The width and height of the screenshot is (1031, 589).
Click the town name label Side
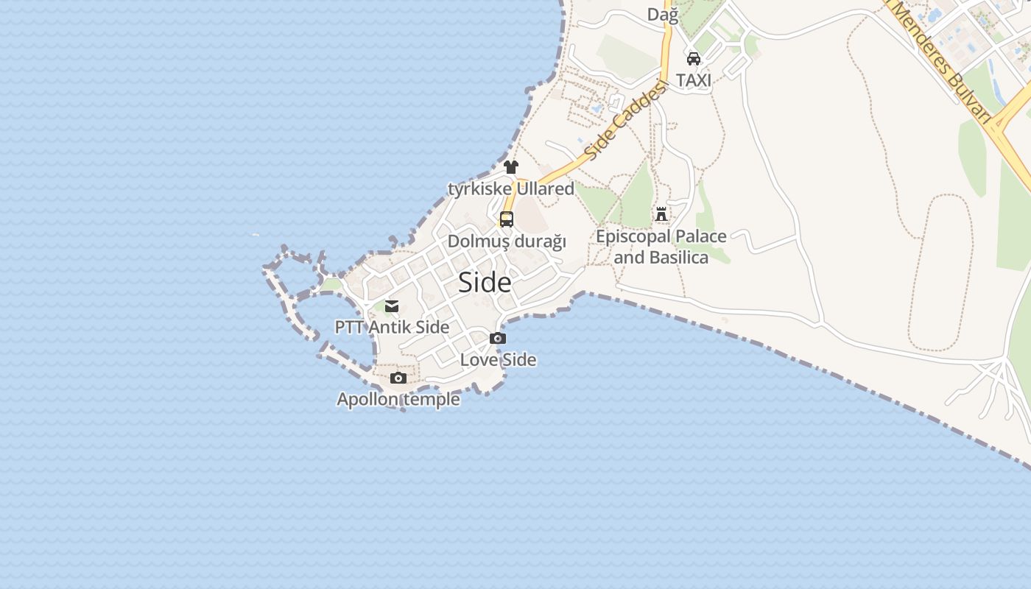[x=485, y=283]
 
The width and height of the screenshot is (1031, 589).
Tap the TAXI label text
[x=694, y=80]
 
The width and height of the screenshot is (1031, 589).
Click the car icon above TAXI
[x=694, y=59]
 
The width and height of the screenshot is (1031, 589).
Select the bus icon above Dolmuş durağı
[x=507, y=219]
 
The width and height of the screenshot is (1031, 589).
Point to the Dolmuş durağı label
[x=507, y=241]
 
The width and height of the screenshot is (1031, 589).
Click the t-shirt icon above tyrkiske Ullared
[x=511, y=167]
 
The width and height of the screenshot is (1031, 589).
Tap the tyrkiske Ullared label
[x=511, y=189]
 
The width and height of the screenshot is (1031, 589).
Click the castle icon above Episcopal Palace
[x=661, y=215]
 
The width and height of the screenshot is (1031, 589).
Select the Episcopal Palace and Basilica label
[x=661, y=247]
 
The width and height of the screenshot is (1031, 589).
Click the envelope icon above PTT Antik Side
[x=392, y=306]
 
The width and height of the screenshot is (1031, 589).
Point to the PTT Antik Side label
[x=392, y=327]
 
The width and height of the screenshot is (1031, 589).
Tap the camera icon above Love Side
[x=498, y=339]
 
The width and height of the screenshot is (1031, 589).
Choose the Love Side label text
[x=498, y=360]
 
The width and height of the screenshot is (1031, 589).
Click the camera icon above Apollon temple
[x=398, y=378]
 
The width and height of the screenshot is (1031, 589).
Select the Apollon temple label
[x=398, y=400]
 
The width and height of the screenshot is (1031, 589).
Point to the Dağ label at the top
[x=662, y=14]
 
